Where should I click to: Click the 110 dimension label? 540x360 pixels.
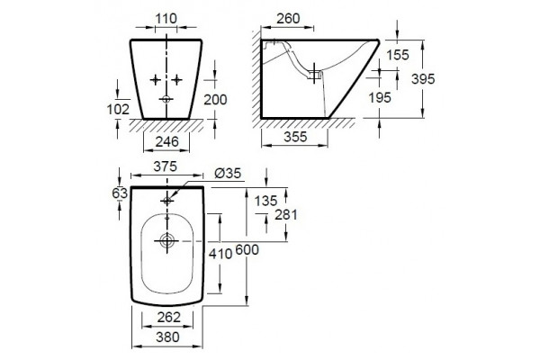coord(166,19)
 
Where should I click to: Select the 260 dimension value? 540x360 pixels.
coord(288,19)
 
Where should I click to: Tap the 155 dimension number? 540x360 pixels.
coord(398,55)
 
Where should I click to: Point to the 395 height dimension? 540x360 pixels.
coord(423,79)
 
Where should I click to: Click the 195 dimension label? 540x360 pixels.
coord(380,98)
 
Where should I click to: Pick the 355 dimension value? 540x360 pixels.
coord(295,137)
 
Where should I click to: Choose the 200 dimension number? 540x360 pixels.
coord(216,100)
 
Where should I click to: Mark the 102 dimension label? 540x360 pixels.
coord(118,109)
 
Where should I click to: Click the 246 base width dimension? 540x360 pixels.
coord(167,141)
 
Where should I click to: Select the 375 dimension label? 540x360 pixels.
coord(165,166)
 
